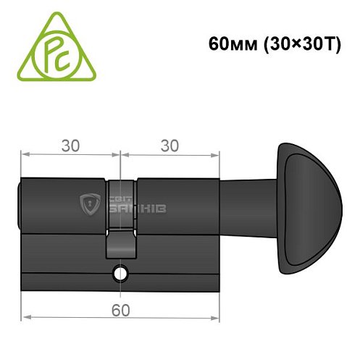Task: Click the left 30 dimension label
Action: pyautogui.click(x=70, y=145)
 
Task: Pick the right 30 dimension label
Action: pyautogui.click(x=169, y=145)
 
